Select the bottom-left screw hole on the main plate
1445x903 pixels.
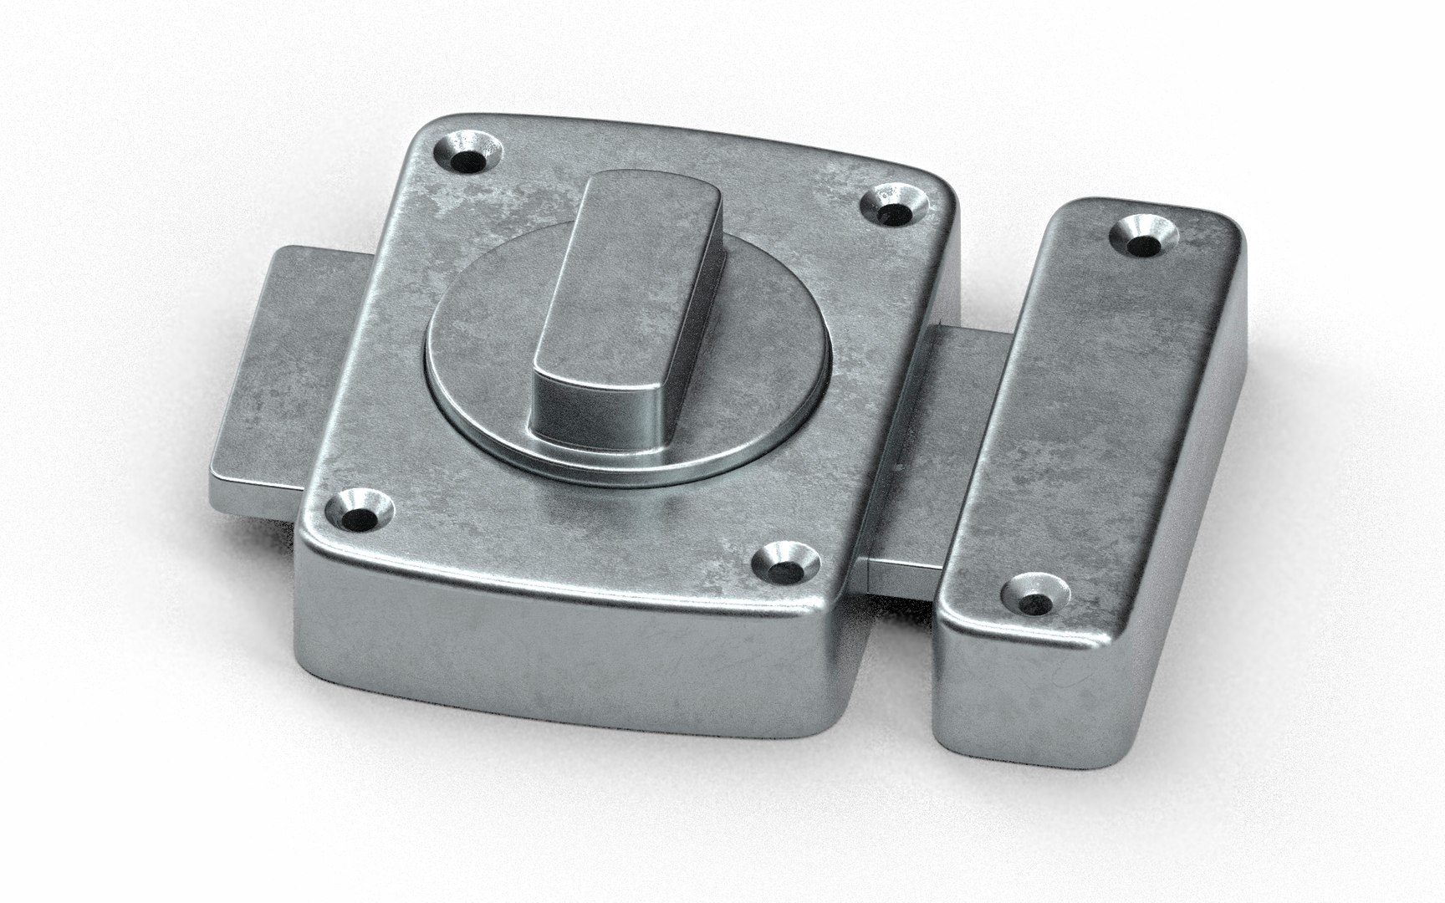[x=361, y=512]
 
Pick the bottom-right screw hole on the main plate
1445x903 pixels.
[x=784, y=564]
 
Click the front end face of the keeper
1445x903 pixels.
[x=1012, y=694]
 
